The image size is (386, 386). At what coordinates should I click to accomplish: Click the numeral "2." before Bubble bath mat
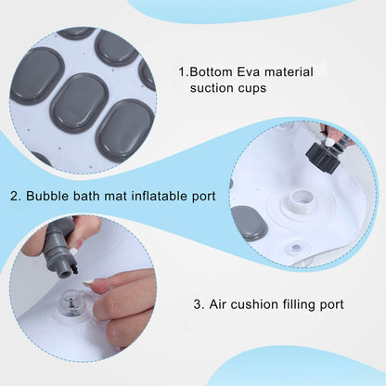(x=16, y=197)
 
